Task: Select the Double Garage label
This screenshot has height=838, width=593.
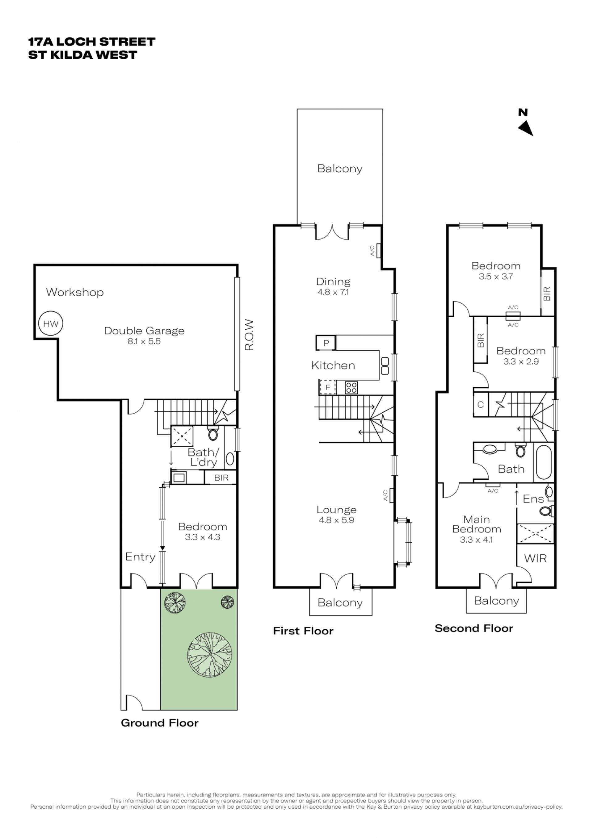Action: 144,331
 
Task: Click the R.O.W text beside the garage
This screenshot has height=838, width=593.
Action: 249,335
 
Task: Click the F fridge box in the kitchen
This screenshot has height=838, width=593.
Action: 328,387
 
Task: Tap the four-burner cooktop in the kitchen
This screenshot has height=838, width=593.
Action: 351,387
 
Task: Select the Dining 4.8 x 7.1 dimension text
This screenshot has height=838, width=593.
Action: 333,292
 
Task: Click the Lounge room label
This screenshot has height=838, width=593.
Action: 336,510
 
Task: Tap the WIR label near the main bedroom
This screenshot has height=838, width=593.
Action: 535,558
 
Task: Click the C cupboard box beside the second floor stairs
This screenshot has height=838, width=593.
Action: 481,404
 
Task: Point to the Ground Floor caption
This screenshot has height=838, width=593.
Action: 160,723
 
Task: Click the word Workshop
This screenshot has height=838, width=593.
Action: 75,292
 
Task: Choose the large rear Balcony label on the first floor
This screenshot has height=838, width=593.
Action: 340,169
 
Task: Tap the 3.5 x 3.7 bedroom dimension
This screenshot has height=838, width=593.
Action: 496,276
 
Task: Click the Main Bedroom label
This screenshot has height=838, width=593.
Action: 477,524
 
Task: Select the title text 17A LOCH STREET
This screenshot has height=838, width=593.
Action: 92,42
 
